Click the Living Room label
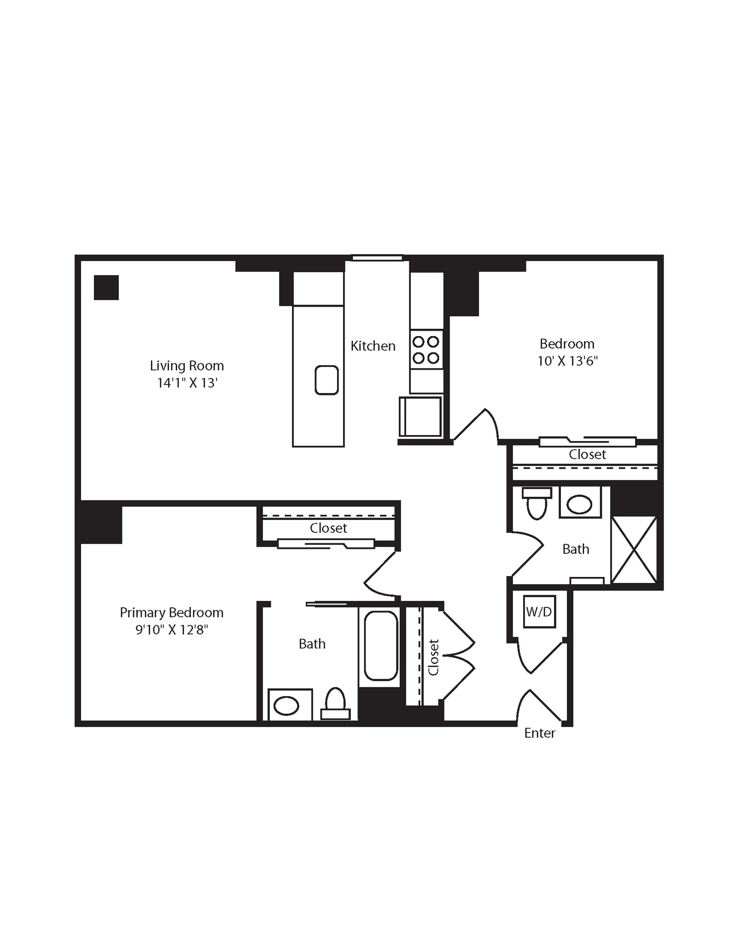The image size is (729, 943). [187, 366]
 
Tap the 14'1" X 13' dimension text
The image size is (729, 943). [187, 383]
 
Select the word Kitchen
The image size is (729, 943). [373, 346]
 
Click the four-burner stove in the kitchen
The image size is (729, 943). [426, 349]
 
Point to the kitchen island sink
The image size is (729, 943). [327, 380]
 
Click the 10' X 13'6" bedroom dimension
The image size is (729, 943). [567, 361]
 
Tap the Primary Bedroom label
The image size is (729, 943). [171, 612]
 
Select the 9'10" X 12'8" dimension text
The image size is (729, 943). [171, 629]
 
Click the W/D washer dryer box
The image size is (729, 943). [539, 611]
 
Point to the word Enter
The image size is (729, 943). [539, 733]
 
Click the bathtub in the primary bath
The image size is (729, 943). [381, 646]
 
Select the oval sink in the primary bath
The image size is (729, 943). [286, 706]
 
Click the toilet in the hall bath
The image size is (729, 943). [537, 503]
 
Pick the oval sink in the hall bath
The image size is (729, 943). [579, 505]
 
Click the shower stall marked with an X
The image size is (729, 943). [634, 550]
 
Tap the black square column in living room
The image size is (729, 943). [106, 288]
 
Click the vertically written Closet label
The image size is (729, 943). [433, 657]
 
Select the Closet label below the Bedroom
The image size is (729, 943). [587, 454]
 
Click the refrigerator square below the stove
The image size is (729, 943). [420, 416]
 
